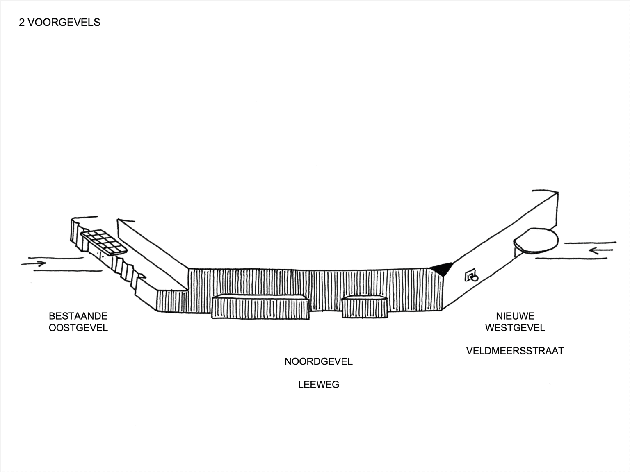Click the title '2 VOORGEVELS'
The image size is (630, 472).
tap(59, 22)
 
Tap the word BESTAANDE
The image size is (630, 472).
tap(78, 316)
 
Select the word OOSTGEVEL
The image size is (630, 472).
tap(78, 328)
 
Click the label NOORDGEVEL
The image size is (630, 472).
tap(319, 361)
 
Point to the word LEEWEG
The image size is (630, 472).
tap(319, 385)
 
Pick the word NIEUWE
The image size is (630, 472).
tap(515, 316)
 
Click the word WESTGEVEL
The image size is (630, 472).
tap(515, 328)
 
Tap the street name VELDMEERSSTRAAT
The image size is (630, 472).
tap(515, 351)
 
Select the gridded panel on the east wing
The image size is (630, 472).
tap(104, 242)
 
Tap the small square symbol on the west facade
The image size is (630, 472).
tap(470, 276)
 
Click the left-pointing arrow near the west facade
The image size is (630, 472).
tap(600, 250)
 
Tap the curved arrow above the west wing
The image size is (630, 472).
tap(546, 191)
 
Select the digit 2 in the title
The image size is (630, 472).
tap(22, 22)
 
